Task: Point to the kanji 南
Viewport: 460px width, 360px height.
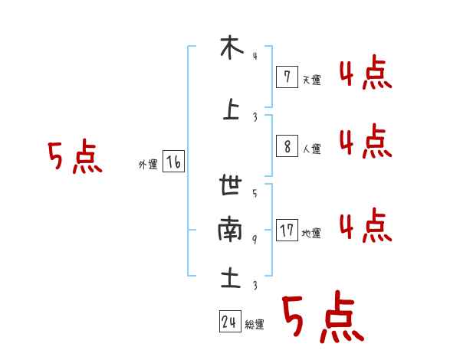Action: pyautogui.click(x=230, y=229)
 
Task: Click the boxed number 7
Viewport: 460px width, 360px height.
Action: pyautogui.click(x=286, y=77)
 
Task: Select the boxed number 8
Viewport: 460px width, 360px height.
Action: pyautogui.click(x=286, y=146)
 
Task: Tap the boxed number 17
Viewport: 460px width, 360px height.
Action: pyautogui.click(x=287, y=231)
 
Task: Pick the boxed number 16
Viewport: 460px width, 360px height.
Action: pyautogui.click(x=173, y=162)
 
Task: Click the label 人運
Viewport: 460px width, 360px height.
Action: pyautogui.click(x=311, y=149)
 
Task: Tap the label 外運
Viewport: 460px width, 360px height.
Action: pyautogui.click(x=147, y=165)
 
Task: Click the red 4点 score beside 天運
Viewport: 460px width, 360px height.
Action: pyautogui.click(x=365, y=74)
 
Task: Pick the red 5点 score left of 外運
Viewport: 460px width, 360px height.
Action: pyautogui.click(x=74, y=158)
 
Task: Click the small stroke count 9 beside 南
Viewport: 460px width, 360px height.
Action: pyautogui.click(x=255, y=240)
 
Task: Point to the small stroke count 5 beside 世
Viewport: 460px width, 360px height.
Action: pyautogui.click(x=255, y=193)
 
